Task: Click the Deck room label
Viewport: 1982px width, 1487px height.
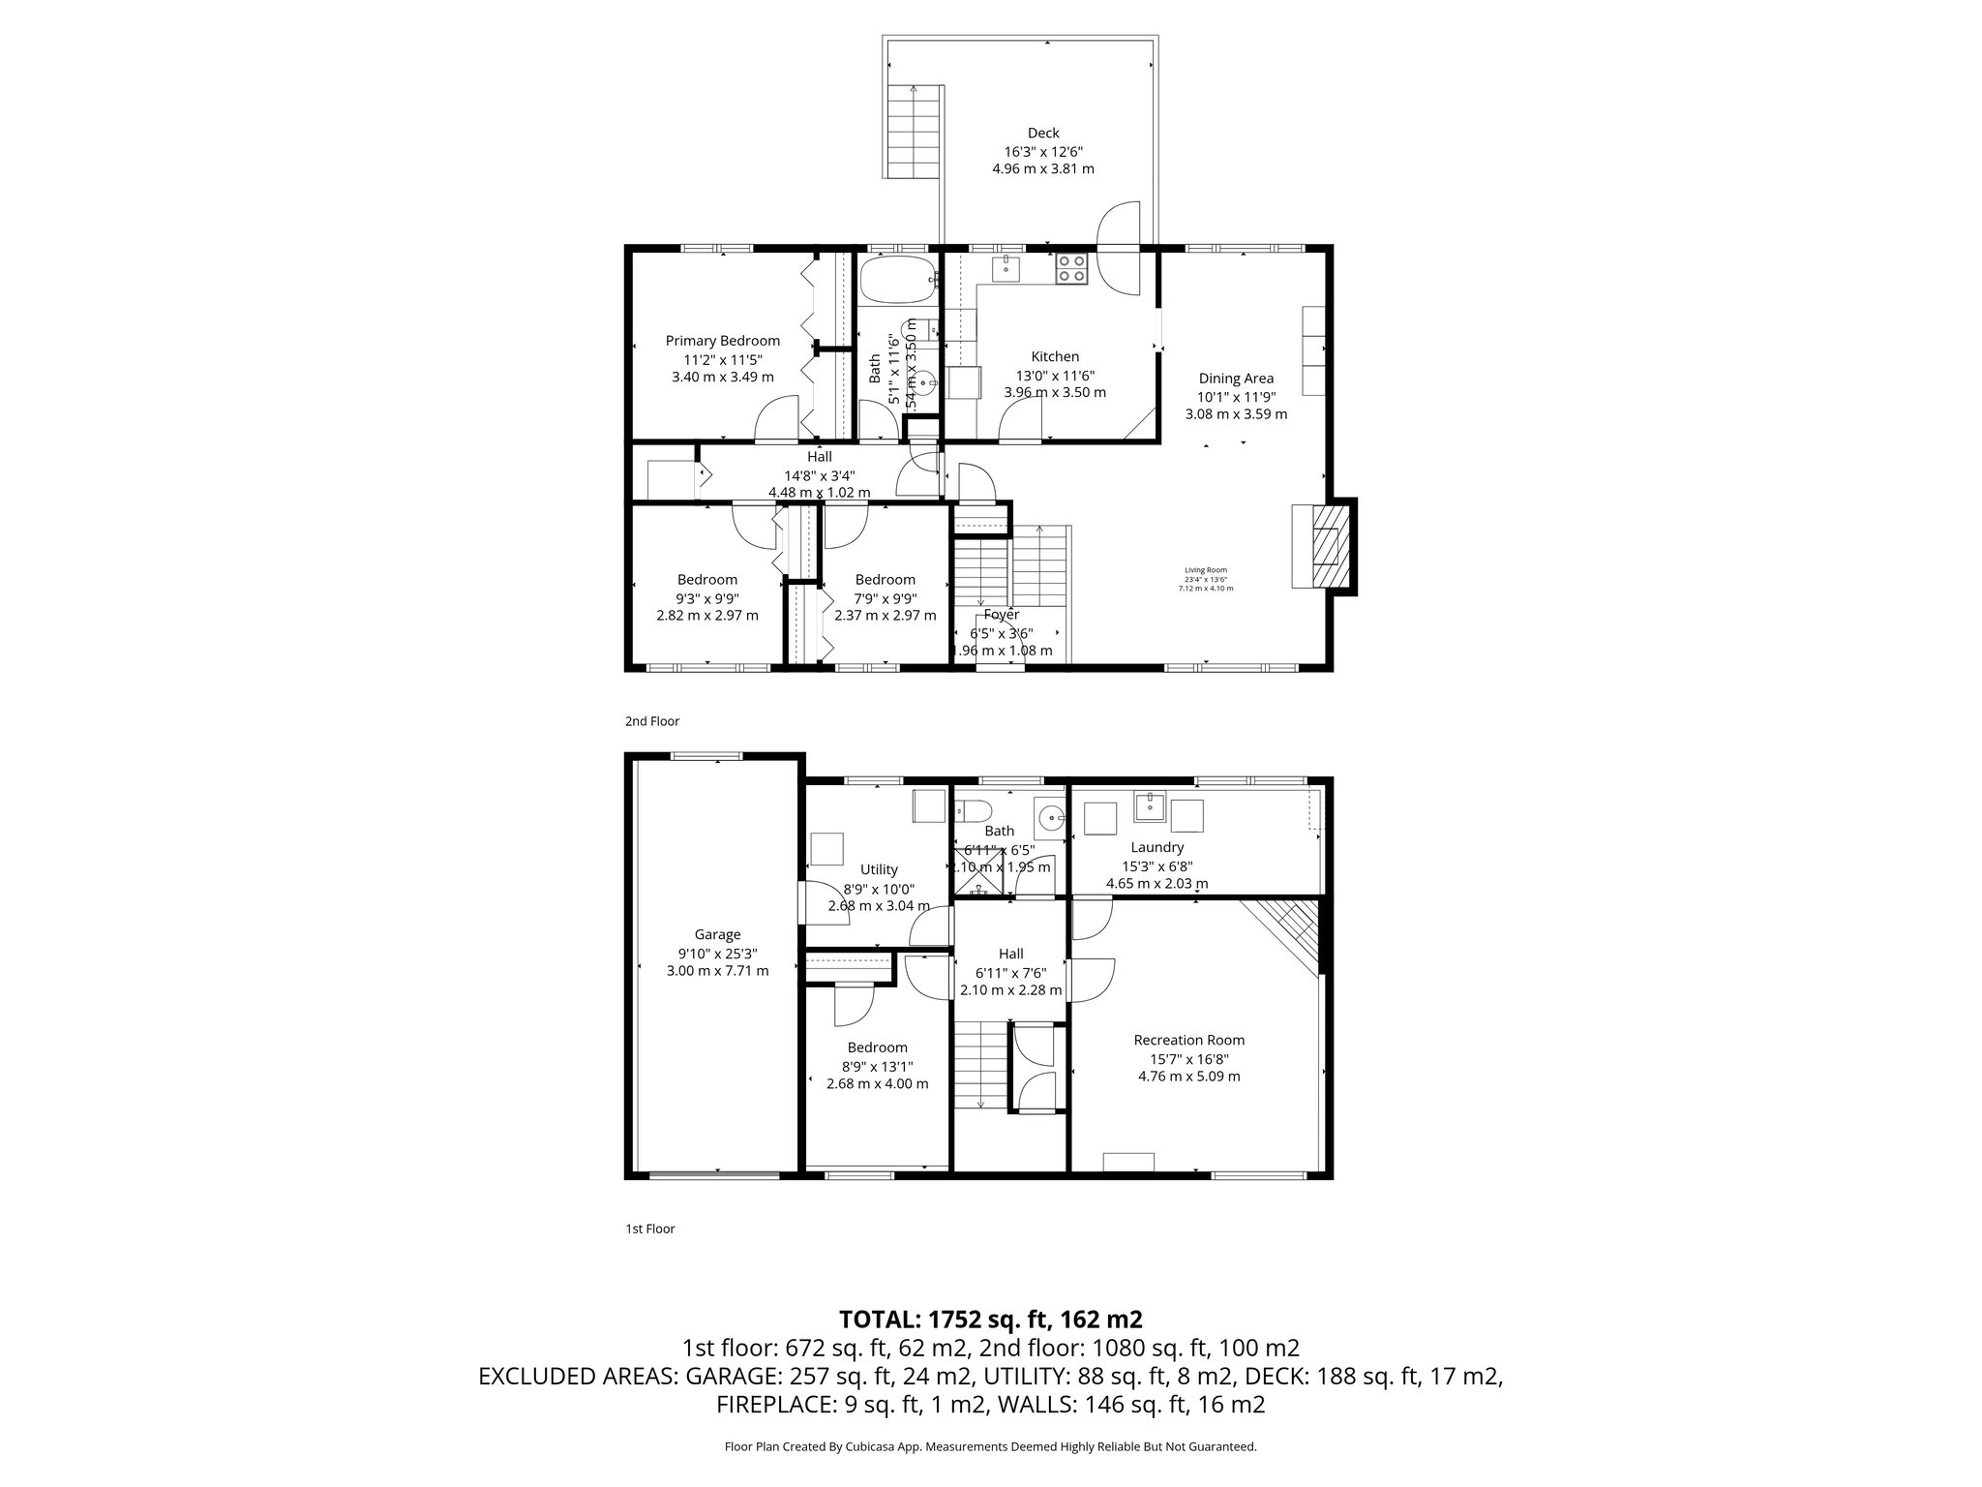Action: (x=1042, y=134)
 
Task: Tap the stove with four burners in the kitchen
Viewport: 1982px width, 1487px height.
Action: (x=1070, y=268)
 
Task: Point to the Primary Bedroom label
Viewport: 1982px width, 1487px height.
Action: (x=722, y=341)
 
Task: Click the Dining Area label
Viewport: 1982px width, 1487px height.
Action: (x=1236, y=379)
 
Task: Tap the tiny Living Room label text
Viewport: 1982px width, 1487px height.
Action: (x=1205, y=570)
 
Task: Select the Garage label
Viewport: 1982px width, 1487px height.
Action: (x=717, y=934)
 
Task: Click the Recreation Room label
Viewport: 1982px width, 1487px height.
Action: (x=1188, y=1040)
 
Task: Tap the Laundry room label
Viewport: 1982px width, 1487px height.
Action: (x=1156, y=847)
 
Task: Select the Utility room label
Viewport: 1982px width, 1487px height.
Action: (x=878, y=869)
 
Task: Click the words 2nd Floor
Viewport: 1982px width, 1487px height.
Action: (x=652, y=721)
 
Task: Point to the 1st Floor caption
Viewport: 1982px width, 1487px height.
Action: (x=649, y=1229)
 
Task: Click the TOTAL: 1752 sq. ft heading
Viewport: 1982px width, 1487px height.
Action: (x=990, y=1319)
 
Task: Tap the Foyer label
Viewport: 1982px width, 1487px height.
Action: (x=1001, y=615)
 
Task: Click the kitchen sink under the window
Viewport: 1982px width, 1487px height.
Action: (x=1006, y=266)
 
